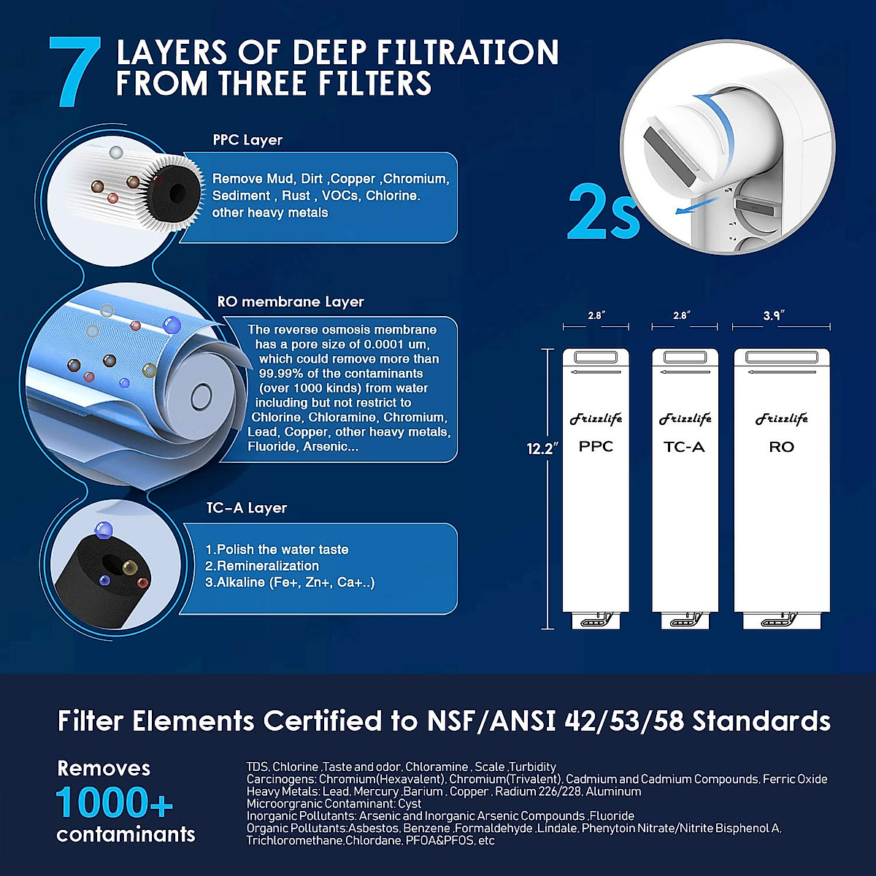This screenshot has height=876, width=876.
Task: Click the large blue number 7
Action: [x=74, y=73]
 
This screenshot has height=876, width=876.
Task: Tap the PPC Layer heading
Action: [x=247, y=140]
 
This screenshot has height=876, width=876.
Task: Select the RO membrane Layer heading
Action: [x=291, y=301]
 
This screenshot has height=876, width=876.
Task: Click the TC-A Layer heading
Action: [x=247, y=508]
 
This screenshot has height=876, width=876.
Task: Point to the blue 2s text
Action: [x=603, y=212]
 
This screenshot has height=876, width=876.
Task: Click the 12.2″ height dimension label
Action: [x=542, y=448]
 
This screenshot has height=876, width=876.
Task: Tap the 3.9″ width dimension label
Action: [x=772, y=315]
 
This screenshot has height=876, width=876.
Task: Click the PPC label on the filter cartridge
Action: [x=596, y=447]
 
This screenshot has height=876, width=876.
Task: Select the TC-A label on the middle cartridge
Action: [x=684, y=447]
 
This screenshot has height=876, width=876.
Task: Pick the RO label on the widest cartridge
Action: [x=781, y=447]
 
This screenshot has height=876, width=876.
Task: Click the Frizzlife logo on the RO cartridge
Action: [x=781, y=419]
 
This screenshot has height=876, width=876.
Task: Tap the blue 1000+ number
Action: [x=115, y=803]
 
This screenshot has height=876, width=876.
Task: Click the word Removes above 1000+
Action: [x=104, y=768]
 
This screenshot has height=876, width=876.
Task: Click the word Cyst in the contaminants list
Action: [x=410, y=804]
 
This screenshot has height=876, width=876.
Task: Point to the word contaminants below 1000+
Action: [x=126, y=834]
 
